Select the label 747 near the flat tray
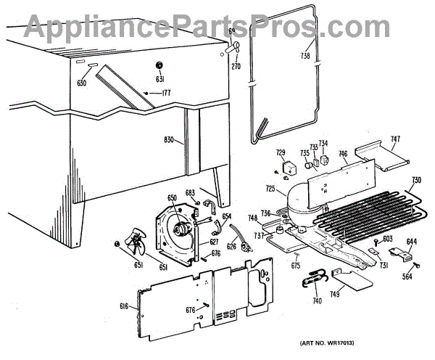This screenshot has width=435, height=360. (x=395, y=139)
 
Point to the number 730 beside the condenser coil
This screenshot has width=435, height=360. (x=416, y=181)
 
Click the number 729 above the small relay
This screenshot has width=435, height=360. (x=281, y=152)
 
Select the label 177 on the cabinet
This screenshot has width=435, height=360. (x=166, y=92)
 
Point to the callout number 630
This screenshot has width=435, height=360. (x=81, y=83)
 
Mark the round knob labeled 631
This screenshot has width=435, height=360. (x=161, y=65)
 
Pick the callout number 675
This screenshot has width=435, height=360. (x=296, y=266)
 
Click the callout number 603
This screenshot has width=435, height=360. (x=388, y=239)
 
